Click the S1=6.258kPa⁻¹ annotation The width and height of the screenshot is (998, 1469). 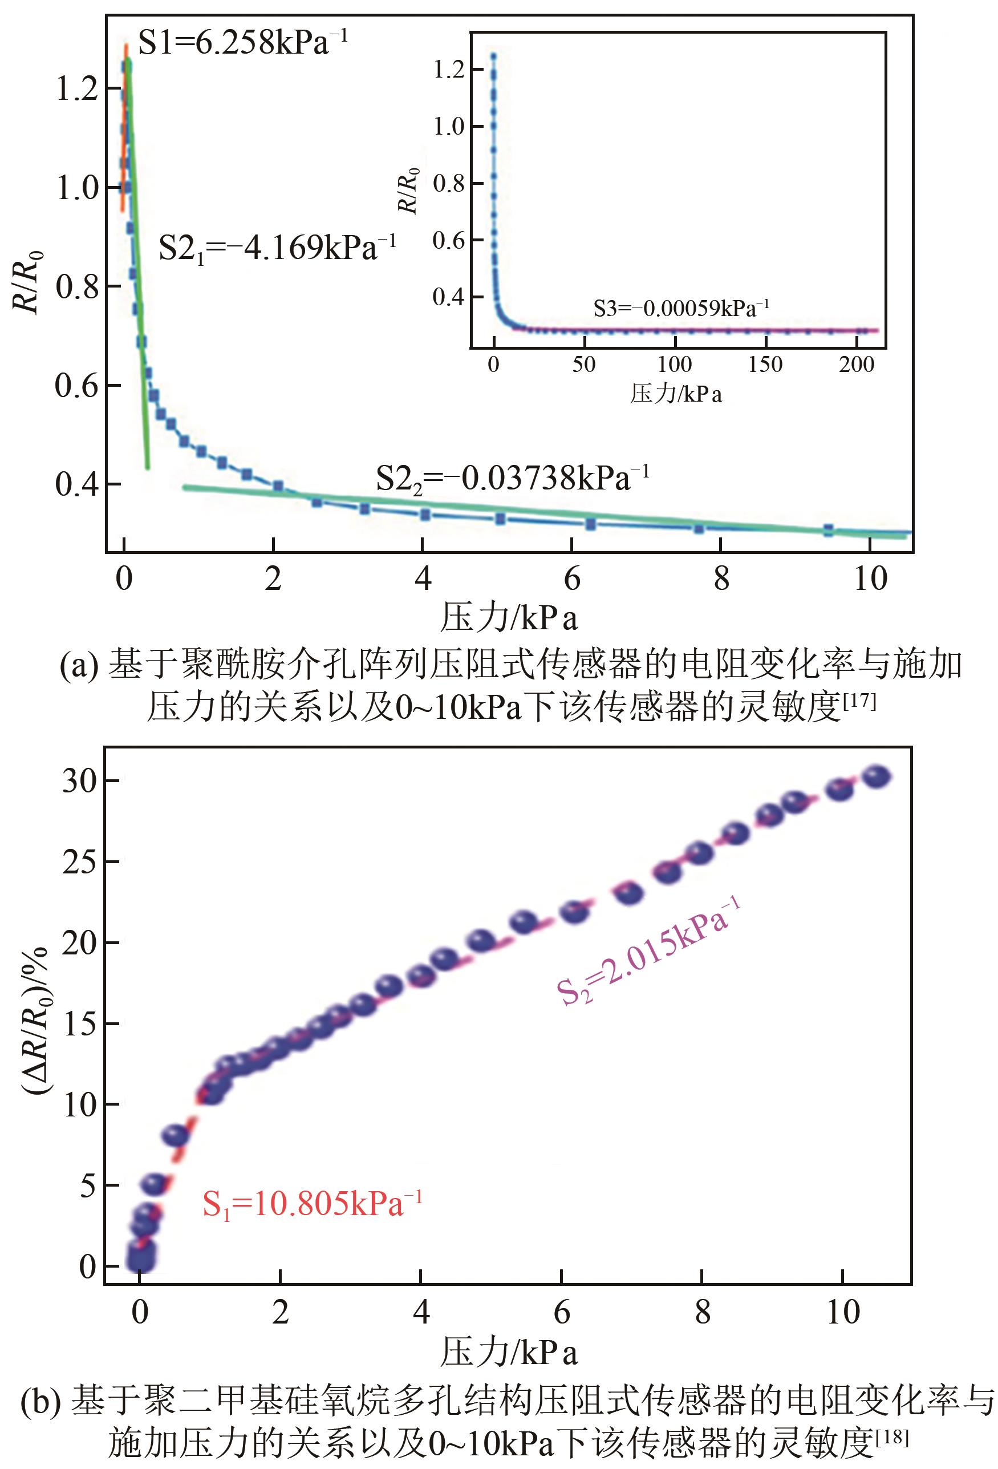pos(242,43)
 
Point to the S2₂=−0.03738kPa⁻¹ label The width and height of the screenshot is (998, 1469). pos(512,479)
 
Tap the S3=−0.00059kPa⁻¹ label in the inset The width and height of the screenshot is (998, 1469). pos(681,309)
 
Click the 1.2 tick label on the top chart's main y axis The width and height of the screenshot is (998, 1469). pos(77,89)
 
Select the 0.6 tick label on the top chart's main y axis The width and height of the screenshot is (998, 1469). pos(77,386)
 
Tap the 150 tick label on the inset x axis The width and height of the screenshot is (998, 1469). pos(765,365)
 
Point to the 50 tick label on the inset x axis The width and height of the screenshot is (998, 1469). pos(583,365)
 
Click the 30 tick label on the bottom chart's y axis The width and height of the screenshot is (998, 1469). pos(80,781)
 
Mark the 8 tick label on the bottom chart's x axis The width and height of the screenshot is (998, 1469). pos(702,1312)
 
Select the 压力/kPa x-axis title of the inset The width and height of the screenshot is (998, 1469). pos(675,394)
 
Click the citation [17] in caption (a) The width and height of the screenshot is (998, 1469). pos(859,702)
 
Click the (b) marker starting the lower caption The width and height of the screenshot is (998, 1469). pos(40,1401)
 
